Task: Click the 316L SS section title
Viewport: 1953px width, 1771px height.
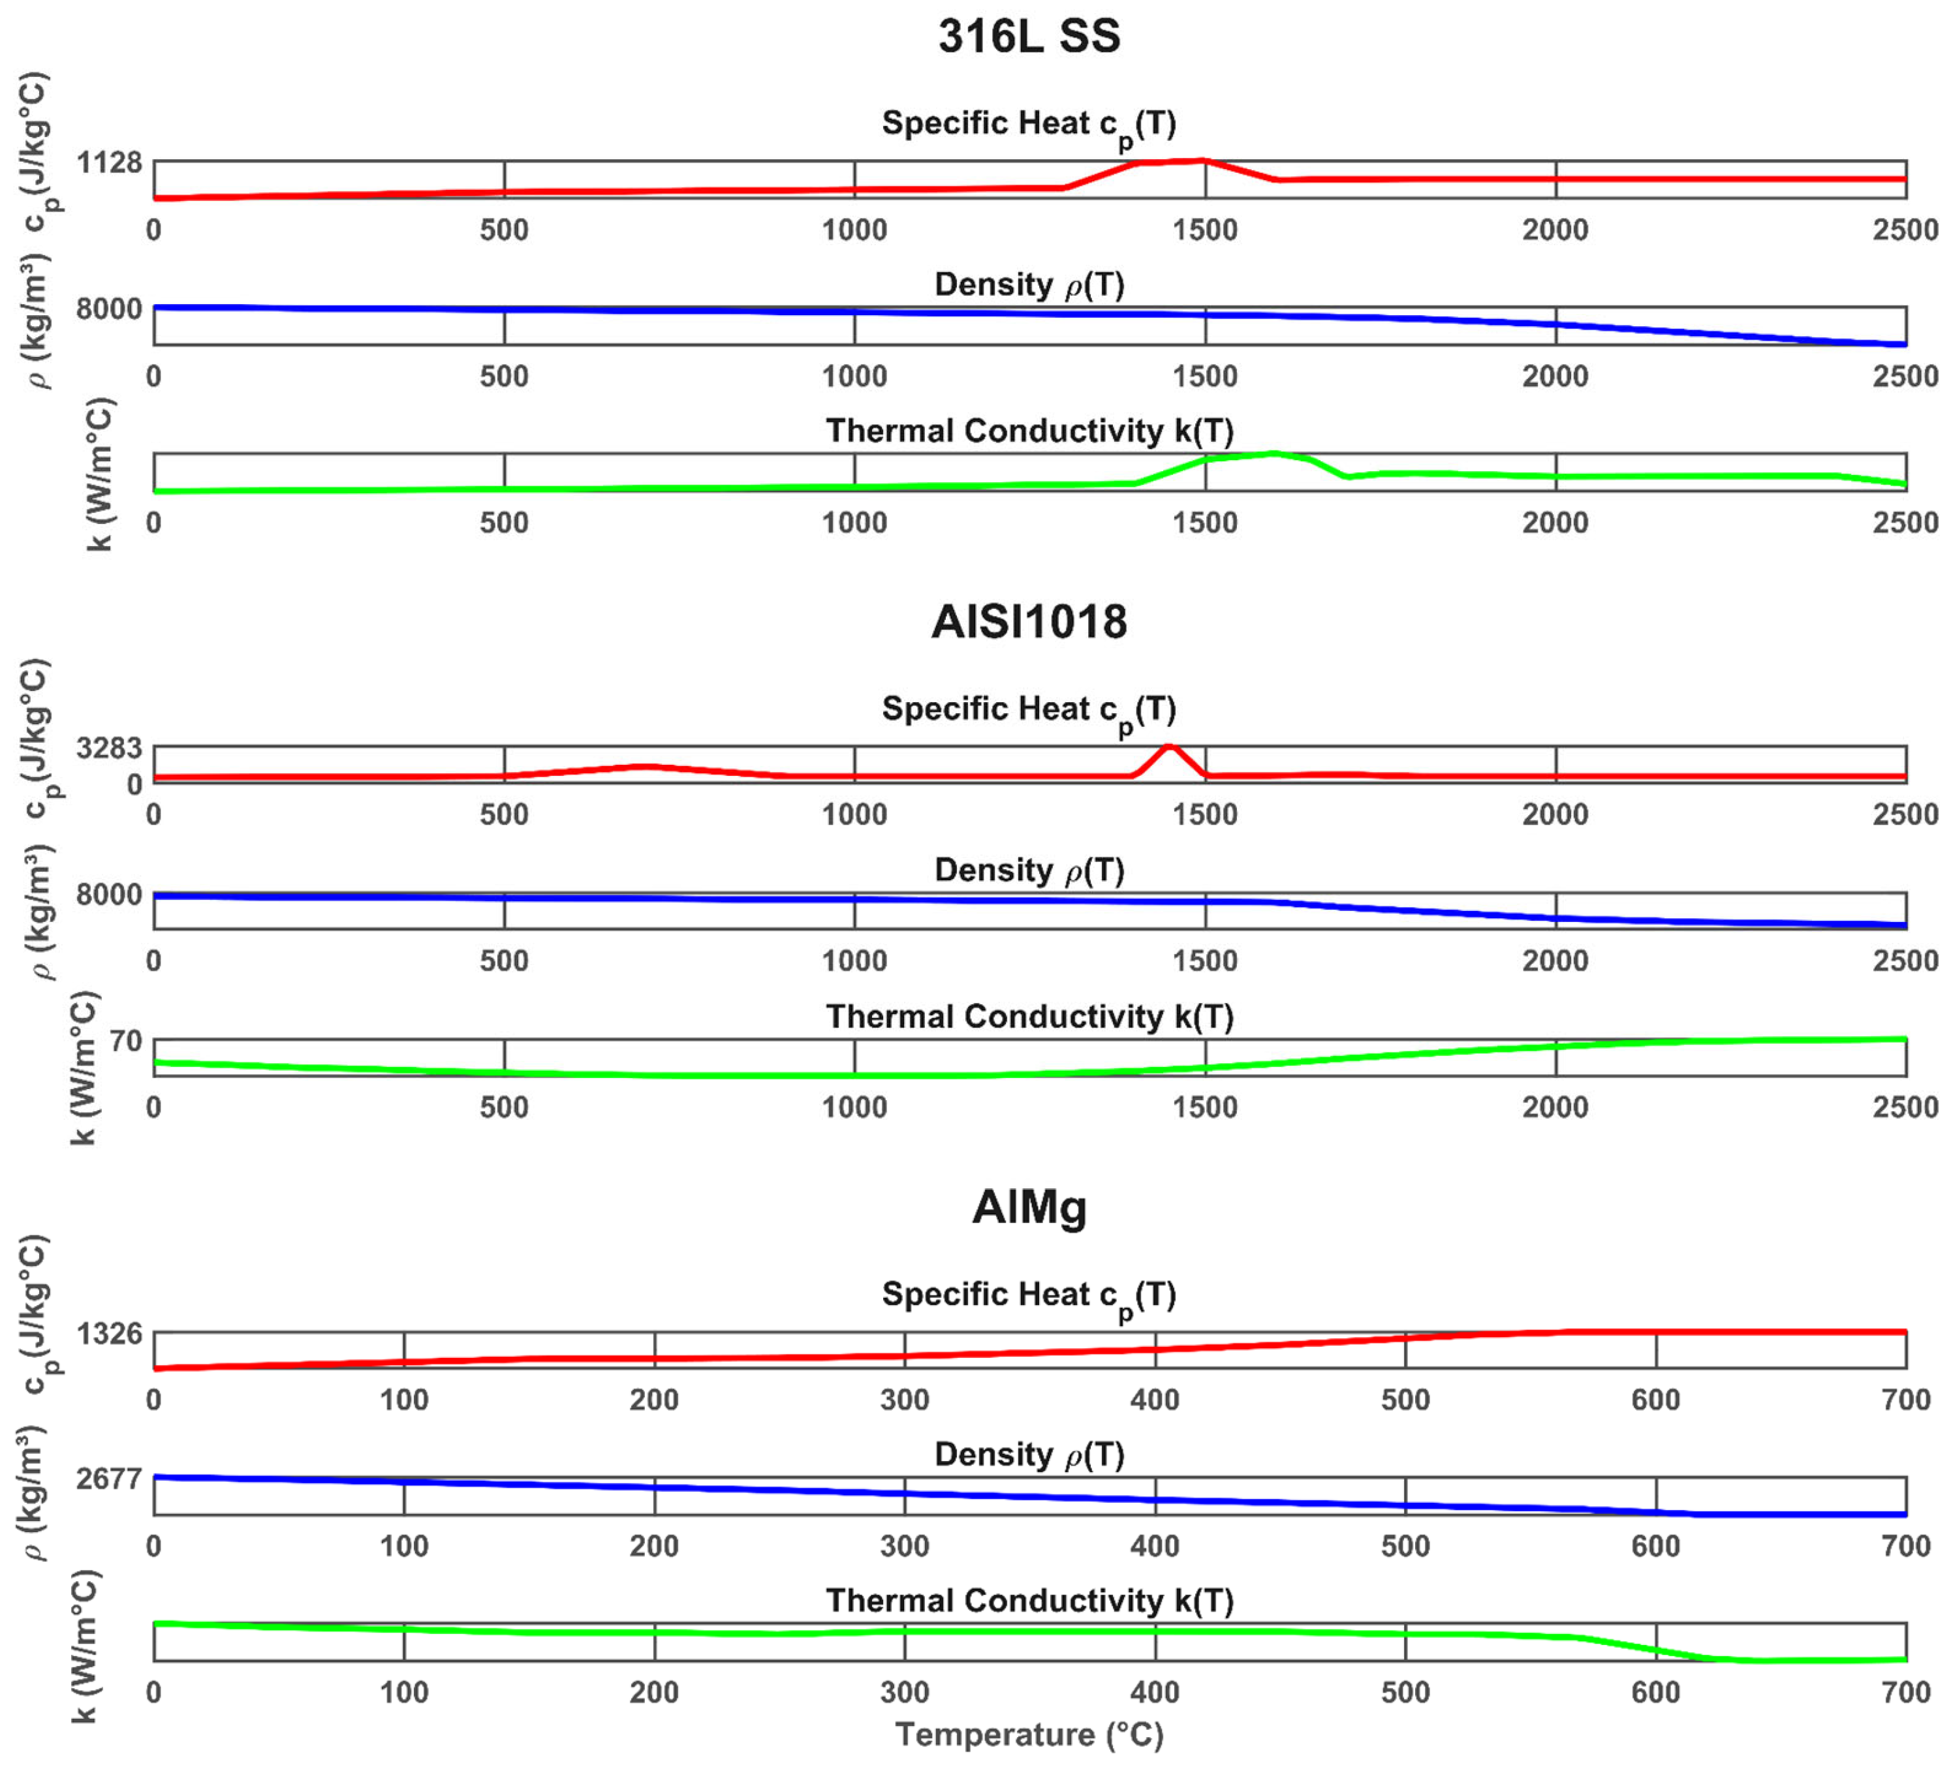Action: tap(1029, 37)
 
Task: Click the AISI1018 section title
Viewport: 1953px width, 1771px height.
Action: tap(1029, 622)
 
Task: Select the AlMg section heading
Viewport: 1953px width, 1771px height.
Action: tap(1029, 1207)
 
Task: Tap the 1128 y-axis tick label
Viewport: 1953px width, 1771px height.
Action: tap(110, 162)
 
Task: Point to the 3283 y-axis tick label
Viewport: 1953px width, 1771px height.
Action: tap(110, 748)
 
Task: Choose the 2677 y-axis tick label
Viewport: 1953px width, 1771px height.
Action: tap(110, 1479)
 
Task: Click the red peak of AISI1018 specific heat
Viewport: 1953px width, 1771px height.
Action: tap(1169, 747)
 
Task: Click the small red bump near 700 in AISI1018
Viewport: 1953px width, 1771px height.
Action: tap(644, 767)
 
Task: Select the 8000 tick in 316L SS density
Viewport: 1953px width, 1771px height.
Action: tap(110, 309)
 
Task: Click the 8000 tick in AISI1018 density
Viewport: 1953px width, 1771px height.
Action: tap(110, 895)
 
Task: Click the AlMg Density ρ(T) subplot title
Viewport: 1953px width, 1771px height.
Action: tap(1029, 1455)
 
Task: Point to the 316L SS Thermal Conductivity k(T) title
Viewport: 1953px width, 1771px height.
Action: tap(1029, 431)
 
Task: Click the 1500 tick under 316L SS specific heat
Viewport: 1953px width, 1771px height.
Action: tap(1205, 230)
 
